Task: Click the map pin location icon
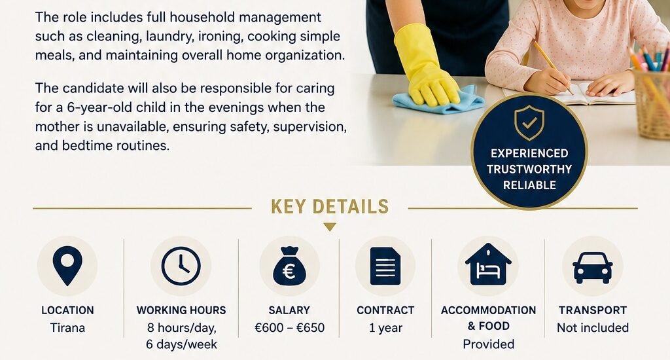[67, 266]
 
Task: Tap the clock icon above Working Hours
[181, 266]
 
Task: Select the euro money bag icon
[289, 266]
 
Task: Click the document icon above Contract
[385, 266]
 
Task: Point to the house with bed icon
[488, 264]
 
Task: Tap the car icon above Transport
[593, 268]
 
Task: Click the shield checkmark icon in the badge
[529, 123]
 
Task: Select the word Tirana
[67, 328]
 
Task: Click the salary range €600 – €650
[289, 328]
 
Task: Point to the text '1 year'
[385, 328]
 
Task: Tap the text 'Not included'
[593, 328]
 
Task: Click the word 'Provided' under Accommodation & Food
[488, 344]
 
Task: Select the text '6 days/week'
[182, 344]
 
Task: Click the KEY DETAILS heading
[330, 206]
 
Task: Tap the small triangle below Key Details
[330, 227]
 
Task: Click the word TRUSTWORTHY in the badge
[529, 170]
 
